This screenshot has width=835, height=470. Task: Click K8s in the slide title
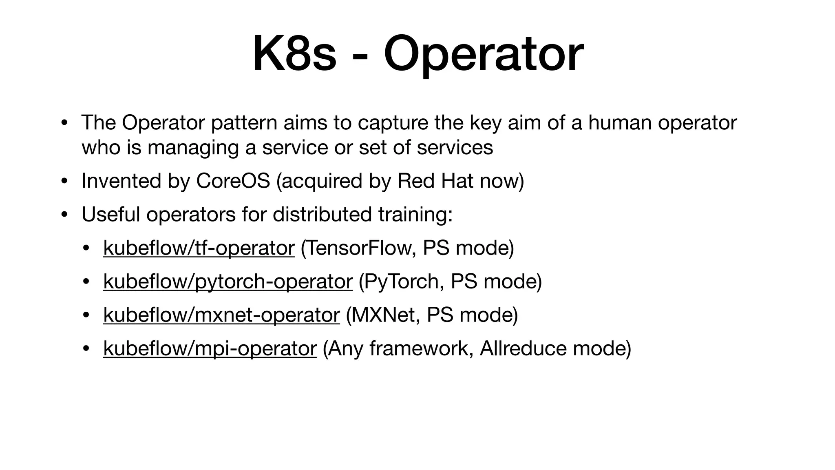click(x=294, y=54)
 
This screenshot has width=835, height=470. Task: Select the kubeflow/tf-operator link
click(x=199, y=248)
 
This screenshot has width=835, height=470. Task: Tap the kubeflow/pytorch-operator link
click(x=228, y=281)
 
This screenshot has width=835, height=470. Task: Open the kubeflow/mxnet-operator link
click(x=221, y=315)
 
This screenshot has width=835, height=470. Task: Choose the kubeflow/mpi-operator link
click(x=210, y=348)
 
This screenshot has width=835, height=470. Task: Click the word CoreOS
click(x=233, y=181)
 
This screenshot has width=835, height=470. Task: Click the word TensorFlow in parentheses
click(x=359, y=248)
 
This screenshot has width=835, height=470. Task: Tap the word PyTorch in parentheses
click(x=402, y=281)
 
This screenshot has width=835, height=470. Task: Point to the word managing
click(x=193, y=148)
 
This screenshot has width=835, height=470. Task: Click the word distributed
click(x=322, y=214)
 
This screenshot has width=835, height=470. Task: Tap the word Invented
click(x=121, y=181)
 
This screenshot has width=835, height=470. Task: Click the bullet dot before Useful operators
click(x=64, y=215)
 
